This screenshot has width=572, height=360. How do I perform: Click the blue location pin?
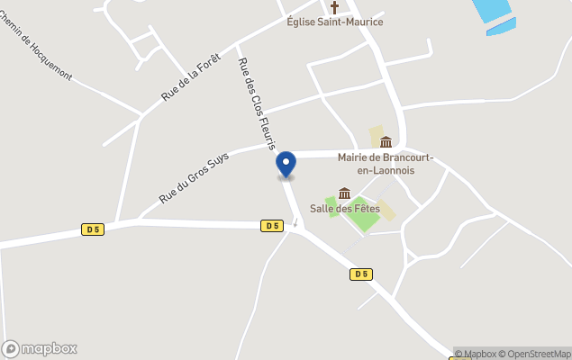point(286,165)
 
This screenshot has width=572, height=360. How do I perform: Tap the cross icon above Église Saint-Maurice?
point(334,7)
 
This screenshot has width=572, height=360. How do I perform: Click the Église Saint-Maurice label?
point(334,22)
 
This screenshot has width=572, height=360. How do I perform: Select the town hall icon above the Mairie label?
point(386,141)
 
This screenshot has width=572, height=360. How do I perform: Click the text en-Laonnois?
point(373,170)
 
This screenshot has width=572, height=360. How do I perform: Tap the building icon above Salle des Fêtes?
point(344,193)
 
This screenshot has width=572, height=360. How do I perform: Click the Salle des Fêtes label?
point(344,208)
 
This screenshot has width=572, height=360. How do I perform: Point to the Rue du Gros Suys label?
point(195,177)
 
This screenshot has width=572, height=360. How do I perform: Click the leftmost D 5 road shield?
point(92,229)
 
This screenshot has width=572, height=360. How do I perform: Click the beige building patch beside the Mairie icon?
point(376,136)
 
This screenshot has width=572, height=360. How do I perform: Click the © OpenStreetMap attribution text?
point(538,354)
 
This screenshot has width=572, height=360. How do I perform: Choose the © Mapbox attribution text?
point(477,354)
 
